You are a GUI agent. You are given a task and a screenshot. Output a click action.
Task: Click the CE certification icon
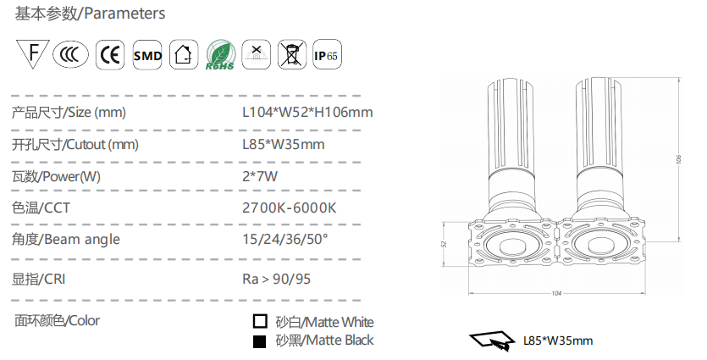coord(110,54)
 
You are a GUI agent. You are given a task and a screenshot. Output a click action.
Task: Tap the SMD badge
coord(147,54)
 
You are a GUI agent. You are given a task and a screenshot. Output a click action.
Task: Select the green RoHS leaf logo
coord(220,54)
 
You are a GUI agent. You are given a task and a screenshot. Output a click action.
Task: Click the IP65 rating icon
coord(327,54)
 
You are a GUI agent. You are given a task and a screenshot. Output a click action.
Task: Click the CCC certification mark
coord(71,54)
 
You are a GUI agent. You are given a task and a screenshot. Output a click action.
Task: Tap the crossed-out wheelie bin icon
coord(292,54)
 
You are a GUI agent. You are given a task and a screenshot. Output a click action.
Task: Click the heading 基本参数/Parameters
coord(91,14)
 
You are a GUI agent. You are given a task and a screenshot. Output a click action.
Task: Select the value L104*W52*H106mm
coord(307,112)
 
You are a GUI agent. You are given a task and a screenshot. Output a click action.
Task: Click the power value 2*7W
coord(260,176)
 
